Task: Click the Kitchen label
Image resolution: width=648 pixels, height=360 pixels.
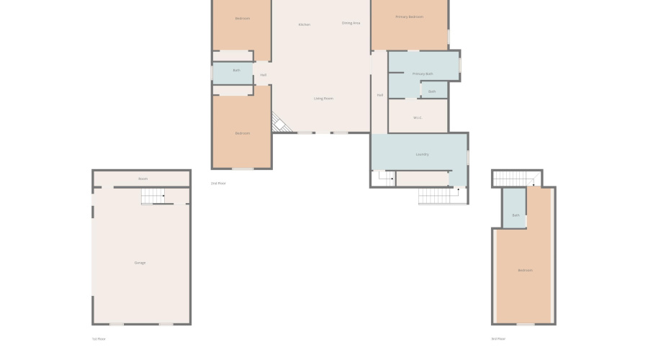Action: tap(305, 25)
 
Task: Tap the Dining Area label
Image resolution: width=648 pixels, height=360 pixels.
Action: tap(351, 23)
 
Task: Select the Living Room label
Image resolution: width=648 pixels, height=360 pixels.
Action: tap(323, 99)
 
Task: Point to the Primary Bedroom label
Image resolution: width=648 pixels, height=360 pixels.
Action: tap(409, 17)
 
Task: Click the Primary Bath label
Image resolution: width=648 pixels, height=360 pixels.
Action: tap(423, 74)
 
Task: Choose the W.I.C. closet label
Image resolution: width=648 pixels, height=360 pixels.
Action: tap(417, 117)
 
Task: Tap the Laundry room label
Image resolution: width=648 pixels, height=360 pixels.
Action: tap(423, 154)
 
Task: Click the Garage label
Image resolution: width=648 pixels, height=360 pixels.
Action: tap(140, 263)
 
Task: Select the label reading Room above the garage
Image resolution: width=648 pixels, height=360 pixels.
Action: tap(143, 179)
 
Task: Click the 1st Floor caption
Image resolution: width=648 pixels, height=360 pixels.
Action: tap(99, 338)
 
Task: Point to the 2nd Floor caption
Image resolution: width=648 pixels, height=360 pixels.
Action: tap(218, 184)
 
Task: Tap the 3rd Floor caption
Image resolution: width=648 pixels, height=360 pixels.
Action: tap(498, 338)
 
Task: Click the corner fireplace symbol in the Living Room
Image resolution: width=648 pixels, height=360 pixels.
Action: tap(279, 124)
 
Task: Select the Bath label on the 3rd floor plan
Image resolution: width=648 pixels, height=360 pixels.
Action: tap(516, 215)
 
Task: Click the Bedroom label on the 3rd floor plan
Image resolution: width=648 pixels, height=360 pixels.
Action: tap(525, 270)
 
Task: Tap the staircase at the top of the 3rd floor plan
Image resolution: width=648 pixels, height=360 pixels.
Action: tap(516, 179)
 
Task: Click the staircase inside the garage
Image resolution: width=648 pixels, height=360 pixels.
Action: tap(153, 195)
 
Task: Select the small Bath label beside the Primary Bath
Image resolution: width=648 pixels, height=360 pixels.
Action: tap(432, 91)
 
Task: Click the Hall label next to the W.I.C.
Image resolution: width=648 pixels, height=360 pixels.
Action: tap(379, 95)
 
